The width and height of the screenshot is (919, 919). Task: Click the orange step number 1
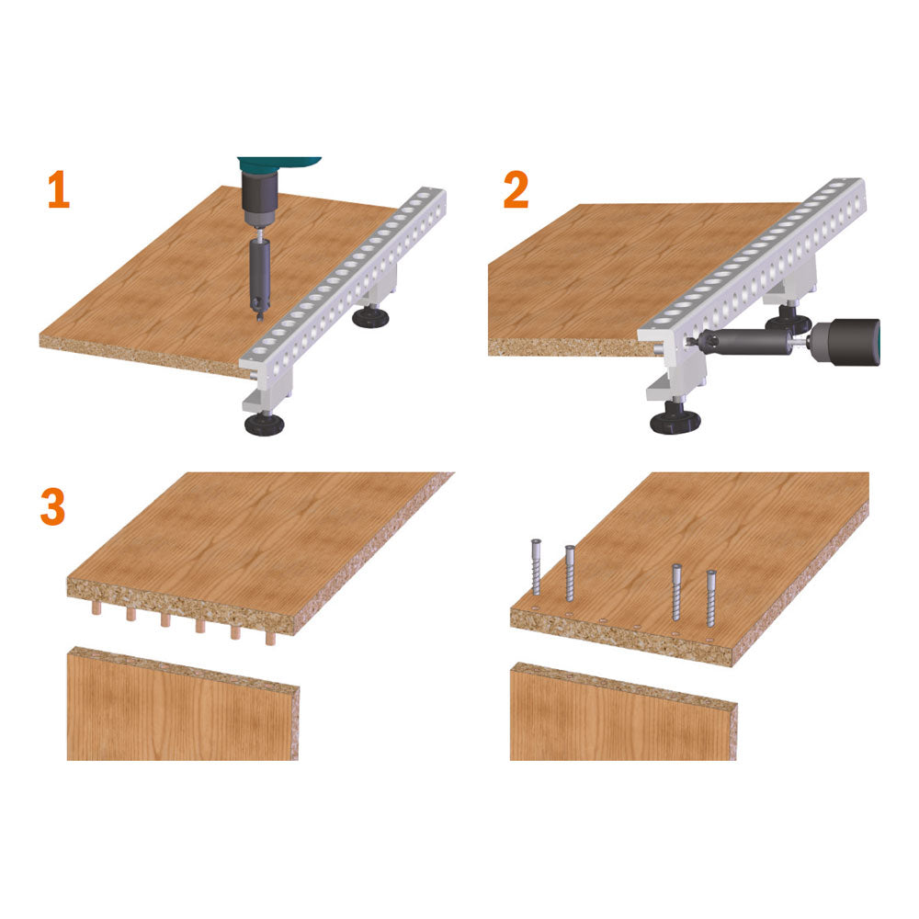pos(59,189)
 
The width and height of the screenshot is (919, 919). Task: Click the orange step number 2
pos(516,189)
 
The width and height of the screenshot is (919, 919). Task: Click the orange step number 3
pos(52,507)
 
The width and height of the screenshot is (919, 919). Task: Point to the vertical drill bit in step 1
pos(259,276)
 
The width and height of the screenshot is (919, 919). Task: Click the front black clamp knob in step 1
pos(265,424)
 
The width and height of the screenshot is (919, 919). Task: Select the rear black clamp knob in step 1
pos(370,317)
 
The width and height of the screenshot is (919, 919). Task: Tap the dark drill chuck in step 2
pos(844,342)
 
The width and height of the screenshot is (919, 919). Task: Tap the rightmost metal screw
pos(711,598)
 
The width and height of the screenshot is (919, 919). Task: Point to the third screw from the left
pos(677,592)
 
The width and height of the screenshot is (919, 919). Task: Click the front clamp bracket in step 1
pos(271,387)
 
